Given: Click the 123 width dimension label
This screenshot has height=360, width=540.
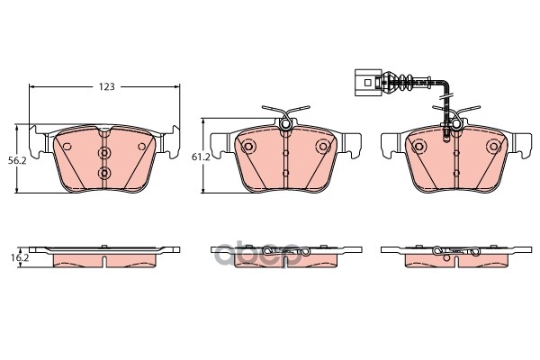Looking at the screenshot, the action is coord(106,86).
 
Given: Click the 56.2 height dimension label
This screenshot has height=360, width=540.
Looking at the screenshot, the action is coord(17,160).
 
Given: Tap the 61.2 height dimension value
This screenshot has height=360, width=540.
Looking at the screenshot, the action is coord(201,157).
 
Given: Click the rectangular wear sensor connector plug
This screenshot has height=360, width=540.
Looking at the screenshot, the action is coord(368,83).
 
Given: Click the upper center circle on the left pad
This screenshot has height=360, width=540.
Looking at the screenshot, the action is coord(104,152).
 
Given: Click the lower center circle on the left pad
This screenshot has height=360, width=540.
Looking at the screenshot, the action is coord(104,173).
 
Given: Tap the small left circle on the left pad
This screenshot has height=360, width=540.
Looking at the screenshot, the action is coord(67,147).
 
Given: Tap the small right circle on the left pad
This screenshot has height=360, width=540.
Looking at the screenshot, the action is coord(141,147).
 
